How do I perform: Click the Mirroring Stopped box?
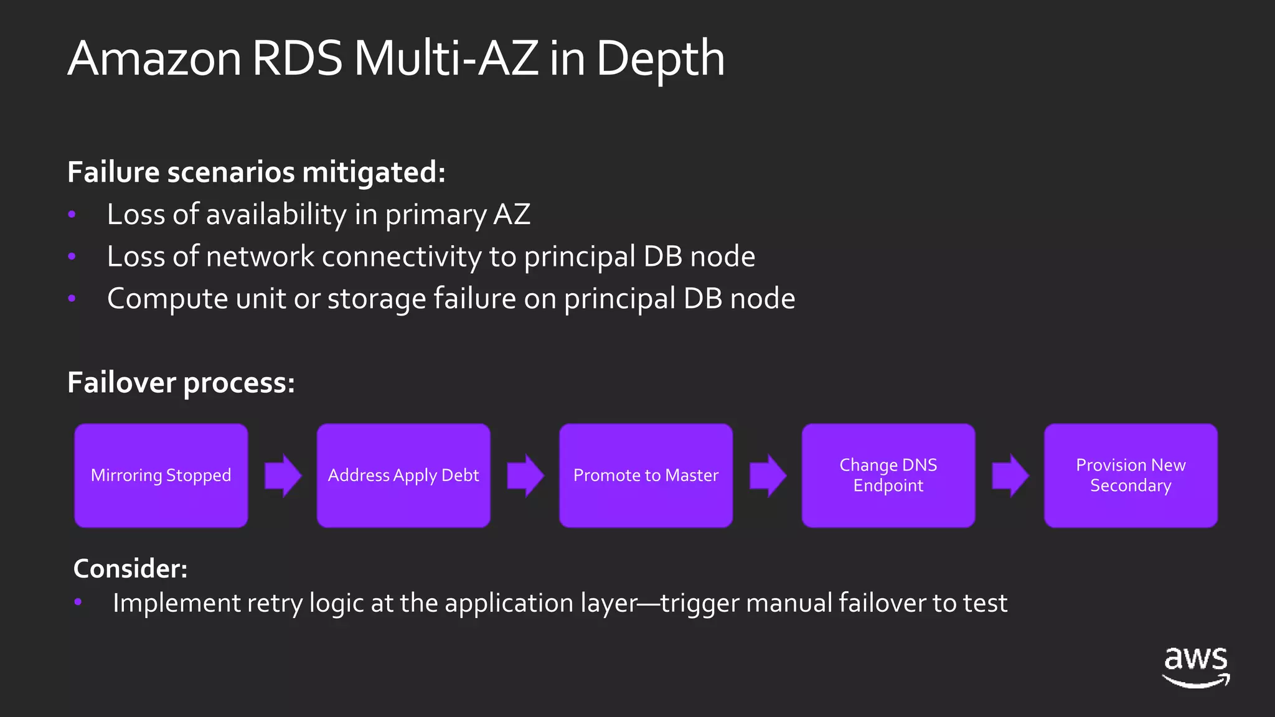pos(161,476)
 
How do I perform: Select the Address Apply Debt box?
pos(403,476)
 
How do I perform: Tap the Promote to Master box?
pos(646,476)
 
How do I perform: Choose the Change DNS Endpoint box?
pos(888,476)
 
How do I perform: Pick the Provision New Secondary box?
pos(1131,476)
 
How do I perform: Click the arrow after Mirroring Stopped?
pos(283,476)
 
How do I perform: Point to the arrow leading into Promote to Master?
pos(525,476)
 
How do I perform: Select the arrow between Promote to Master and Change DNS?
pos(768,476)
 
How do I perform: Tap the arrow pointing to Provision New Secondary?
pos(1010,476)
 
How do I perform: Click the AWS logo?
pos(1196,667)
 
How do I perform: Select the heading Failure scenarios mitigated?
pos(256,172)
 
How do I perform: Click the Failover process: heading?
pos(181,383)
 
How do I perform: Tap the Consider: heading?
pos(130,568)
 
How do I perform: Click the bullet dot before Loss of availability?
pos(72,214)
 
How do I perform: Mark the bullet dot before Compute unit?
pos(72,299)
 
